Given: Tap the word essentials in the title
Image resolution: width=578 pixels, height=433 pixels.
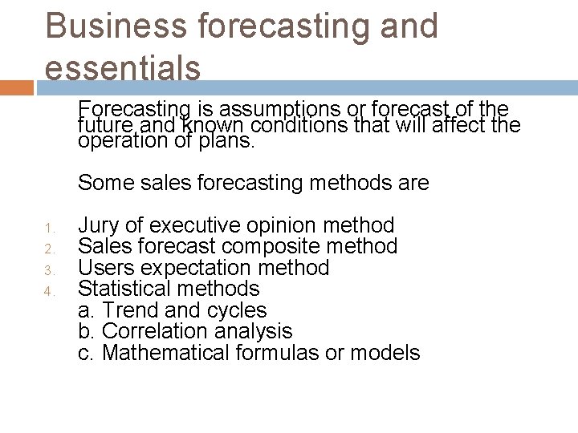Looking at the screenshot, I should point(123,67).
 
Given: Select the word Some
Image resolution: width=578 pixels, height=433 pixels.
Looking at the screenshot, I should point(102,184).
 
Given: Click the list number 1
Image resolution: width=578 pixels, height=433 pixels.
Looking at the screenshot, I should point(49,227).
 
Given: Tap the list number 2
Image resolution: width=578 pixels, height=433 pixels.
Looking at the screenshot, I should point(49,248).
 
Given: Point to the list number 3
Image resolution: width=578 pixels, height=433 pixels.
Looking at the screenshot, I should point(49,269).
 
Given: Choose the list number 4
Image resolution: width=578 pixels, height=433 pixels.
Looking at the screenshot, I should point(49,291).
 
